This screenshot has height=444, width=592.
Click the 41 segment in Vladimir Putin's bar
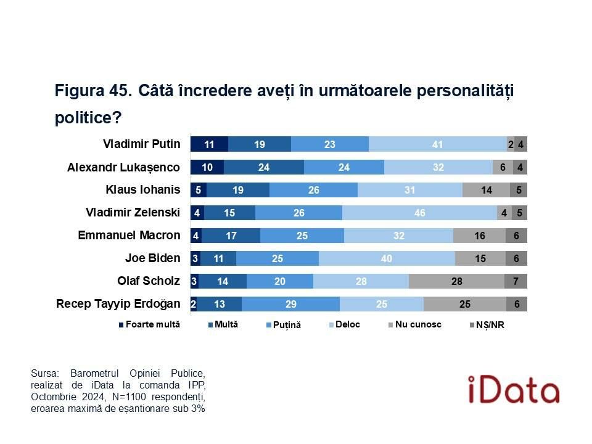click(438, 144)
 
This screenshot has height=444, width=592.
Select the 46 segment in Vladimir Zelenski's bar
click(419, 213)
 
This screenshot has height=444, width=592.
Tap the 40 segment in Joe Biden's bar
click(387, 258)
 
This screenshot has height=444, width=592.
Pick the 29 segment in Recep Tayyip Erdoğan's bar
click(290, 304)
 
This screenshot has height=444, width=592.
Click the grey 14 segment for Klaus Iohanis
click(486, 190)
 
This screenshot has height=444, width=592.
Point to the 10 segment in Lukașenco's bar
click(207, 167)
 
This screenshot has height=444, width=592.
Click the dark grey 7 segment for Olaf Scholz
click(516, 281)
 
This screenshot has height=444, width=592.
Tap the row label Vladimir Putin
click(141, 144)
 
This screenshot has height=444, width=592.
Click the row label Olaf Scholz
click(149, 281)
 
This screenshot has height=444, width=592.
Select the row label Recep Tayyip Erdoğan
click(118, 304)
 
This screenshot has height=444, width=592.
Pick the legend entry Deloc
click(348, 324)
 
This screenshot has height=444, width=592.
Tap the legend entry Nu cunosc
click(417, 324)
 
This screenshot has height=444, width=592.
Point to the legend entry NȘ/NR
click(490, 325)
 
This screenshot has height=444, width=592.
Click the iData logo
click(512, 389)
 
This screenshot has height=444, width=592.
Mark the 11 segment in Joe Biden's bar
click(218, 258)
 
